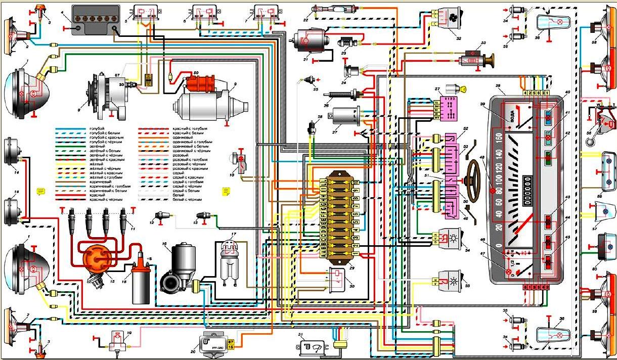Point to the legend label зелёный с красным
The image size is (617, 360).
[x=91, y=160]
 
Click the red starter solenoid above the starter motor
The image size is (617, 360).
[x=200, y=84]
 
